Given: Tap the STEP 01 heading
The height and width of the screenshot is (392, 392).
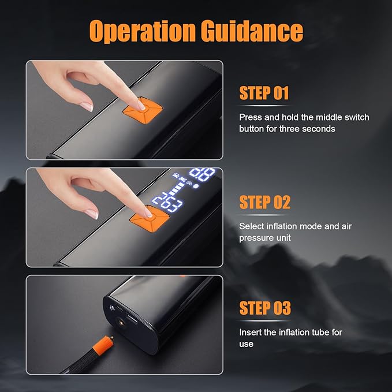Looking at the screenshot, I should [x=264, y=94].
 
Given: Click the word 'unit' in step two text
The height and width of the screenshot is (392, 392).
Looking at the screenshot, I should [x=284, y=237].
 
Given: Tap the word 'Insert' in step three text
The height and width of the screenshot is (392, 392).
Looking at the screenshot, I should [x=249, y=332].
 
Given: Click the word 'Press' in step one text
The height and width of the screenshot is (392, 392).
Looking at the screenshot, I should [x=251, y=117].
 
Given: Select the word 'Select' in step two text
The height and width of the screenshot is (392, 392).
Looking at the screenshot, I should [x=252, y=226].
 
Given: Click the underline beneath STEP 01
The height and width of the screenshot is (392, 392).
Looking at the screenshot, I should [x=264, y=106].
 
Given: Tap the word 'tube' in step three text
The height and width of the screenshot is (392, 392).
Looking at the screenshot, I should [x=322, y=332].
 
